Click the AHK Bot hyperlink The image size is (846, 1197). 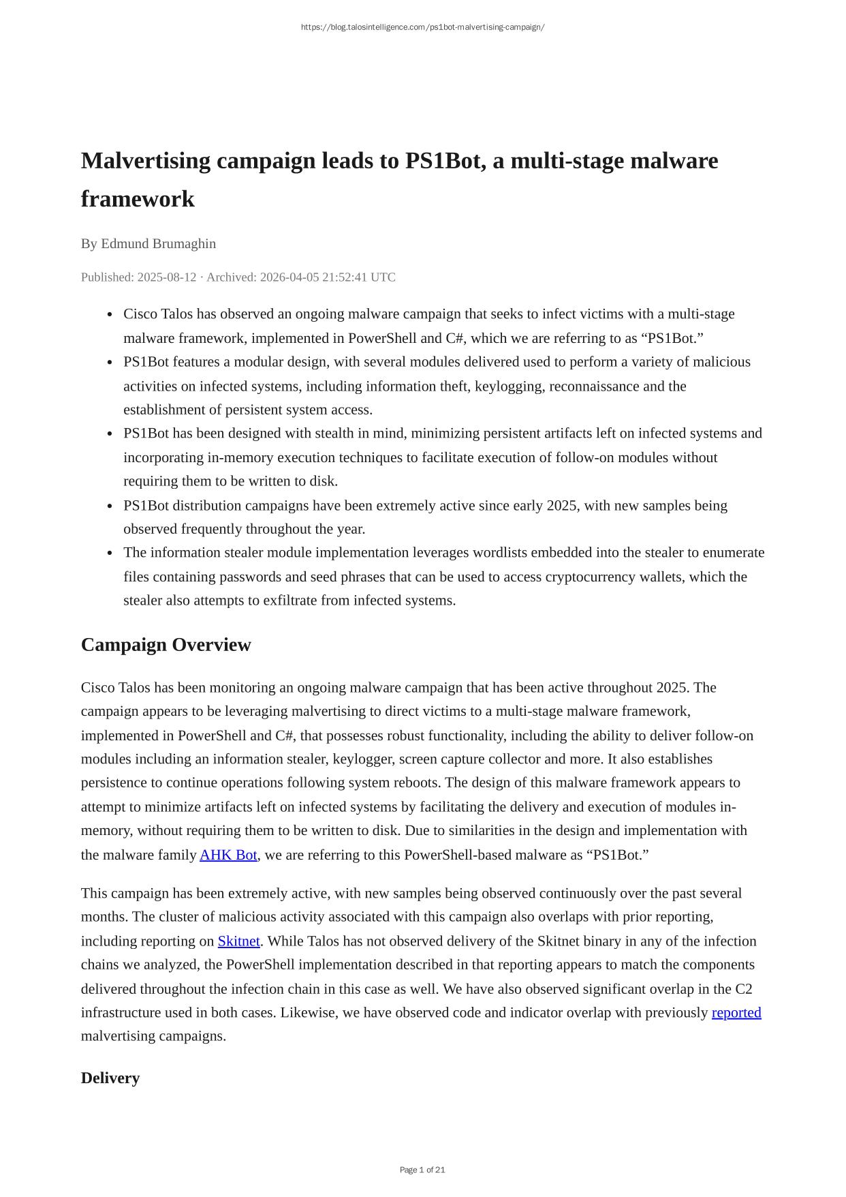tap(228, 855)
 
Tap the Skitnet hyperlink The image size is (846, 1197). tap(238, 941)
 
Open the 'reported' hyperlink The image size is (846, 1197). tap(736, 1013)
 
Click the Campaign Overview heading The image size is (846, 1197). tap(166, 645)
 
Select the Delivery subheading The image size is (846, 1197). tap(110, 1078)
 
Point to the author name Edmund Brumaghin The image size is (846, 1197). tap(158, 244)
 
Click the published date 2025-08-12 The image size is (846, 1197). tap(166, 277)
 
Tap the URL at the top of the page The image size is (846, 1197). tap(422, 27)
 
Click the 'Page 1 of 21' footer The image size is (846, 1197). tap(422, 1170)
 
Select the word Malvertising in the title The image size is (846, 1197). tap(146, 161)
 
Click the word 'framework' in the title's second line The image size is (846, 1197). tap(138, 199)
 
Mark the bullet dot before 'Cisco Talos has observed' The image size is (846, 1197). tap(110, 315)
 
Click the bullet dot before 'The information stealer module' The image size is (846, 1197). tap(110, 554)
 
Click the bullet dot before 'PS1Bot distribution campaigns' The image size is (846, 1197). tap(110, 506)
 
